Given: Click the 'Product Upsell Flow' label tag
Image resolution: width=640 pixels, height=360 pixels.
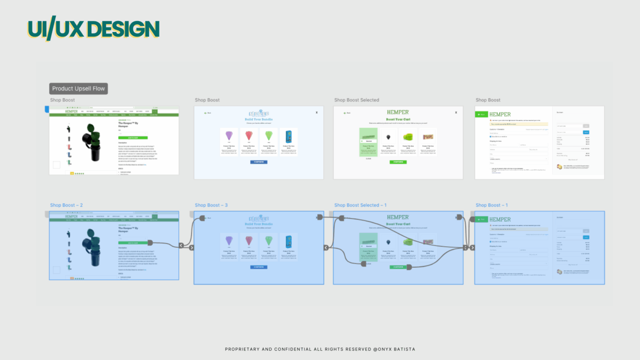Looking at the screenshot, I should (79, 89).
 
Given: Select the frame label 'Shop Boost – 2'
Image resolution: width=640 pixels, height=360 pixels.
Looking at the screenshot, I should (66, 205).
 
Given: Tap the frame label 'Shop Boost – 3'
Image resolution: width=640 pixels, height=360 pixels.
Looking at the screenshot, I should (211, 205).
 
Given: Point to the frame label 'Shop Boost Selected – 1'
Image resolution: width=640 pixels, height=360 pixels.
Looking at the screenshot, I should (360, 205).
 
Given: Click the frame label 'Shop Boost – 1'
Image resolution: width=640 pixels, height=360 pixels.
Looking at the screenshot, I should (491, 205).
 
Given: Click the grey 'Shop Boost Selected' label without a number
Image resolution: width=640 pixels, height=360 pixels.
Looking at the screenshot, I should (357, 100).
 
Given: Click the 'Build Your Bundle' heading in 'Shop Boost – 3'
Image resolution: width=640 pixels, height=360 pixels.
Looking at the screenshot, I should (259, 224).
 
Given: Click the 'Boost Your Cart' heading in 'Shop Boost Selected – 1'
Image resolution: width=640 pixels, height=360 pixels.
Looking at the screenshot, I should (398, 224).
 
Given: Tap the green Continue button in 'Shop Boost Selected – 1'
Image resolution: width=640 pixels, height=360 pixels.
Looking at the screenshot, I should (398, 267).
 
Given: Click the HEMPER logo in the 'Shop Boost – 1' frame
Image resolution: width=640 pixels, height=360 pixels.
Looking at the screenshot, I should (500, 219).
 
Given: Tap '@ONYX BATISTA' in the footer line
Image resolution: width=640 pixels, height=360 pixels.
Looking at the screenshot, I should (394, 349).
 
